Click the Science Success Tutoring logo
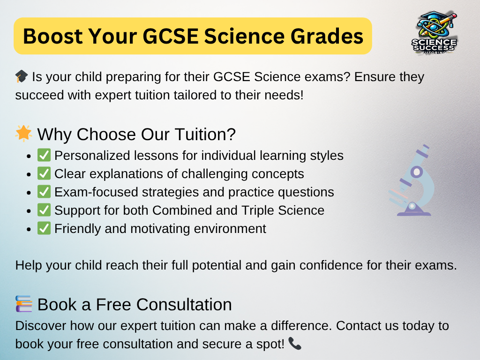click(435, 33)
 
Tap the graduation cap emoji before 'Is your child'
click(22, 76)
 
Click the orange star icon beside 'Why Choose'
click(23, 134)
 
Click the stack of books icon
click(23, 304)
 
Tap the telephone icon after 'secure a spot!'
click(295, 344)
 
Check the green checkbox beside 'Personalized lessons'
click(44, 155)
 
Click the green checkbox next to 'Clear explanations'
click(44, 173)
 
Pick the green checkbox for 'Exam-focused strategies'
click(44, 192)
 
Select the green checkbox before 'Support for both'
click(44, 210)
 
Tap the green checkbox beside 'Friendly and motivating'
click(44, 228)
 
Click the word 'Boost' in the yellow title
click(53, 36)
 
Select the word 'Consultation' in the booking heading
click(184, 305)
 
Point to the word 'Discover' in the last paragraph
click(41, 326)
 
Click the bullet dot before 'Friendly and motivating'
click(29, 229)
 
